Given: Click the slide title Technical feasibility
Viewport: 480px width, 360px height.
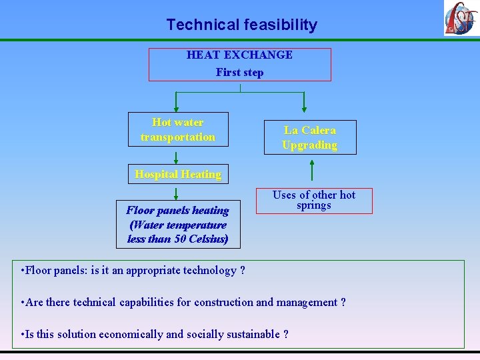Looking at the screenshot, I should [241, 25].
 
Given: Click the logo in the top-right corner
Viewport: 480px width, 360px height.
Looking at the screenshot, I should [461, 18].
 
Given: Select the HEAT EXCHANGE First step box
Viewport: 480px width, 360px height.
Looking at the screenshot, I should [239, 64].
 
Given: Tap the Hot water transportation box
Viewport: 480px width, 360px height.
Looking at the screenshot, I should [178, 129].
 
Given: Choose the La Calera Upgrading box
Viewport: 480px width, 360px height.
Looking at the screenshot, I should [309, 137].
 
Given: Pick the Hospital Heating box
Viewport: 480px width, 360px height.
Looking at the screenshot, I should [178, 174].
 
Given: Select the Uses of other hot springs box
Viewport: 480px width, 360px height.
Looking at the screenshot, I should [313, 201].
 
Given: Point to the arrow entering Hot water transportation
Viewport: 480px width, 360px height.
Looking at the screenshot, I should [176, 101].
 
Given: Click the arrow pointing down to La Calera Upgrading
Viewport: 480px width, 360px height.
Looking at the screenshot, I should [304, 101].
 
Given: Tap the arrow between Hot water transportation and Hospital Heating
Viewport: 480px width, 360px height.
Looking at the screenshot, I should [176, 157].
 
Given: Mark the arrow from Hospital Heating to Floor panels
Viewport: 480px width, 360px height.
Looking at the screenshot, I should [176, 193].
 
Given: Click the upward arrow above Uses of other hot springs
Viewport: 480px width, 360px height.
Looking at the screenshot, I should [311, 171].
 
